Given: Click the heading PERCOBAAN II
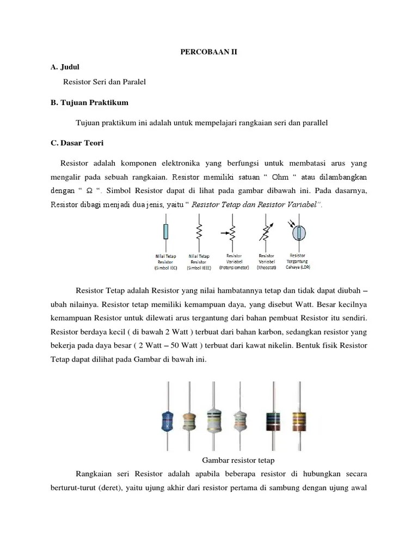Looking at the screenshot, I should tap(209, 52).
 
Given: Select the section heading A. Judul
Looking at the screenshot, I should tap(65, 67).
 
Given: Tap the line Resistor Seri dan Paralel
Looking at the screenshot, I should tap(105, 82).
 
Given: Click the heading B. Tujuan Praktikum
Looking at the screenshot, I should tap(89, 102).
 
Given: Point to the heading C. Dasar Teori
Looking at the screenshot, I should tap(76, 143).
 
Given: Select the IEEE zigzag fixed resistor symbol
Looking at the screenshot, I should tap(199, 232).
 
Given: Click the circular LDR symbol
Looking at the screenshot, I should tap(298, 232).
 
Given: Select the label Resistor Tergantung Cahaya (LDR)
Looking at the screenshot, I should tap(298, 261).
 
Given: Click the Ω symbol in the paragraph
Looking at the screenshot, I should tap(89, 190).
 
